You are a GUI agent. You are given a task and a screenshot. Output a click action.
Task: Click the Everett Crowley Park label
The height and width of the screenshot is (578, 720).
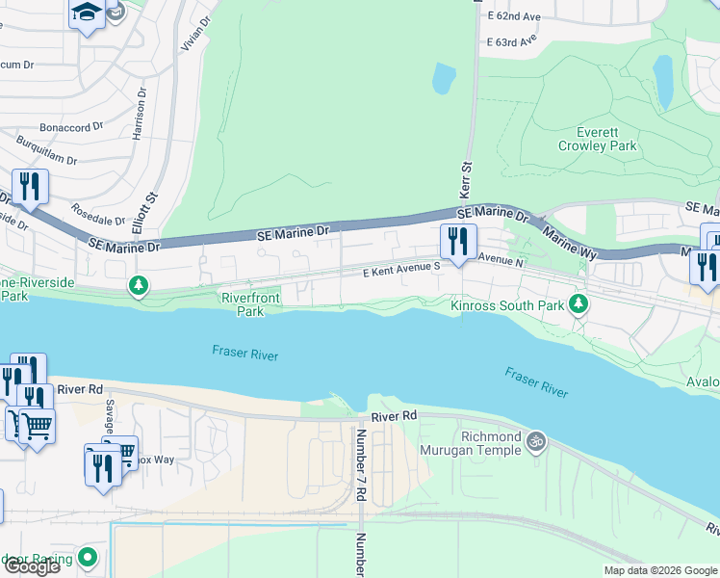(597, 139)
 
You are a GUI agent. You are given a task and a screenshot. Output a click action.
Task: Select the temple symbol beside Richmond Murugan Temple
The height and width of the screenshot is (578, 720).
(536, 441)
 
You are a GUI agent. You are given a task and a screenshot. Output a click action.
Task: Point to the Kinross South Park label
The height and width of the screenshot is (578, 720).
(507, 306)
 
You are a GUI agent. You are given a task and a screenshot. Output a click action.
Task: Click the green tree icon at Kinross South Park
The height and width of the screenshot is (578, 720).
(578, 305)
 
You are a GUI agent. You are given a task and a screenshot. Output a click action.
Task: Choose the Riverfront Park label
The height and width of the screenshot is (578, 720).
(243, 305)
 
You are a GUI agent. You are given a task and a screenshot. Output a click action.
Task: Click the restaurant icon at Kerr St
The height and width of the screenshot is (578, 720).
(458, 240)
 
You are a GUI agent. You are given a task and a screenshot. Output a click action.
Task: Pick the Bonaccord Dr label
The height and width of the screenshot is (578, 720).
(71, 127)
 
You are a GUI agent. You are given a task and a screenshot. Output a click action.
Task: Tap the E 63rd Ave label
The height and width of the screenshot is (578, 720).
(511, 42)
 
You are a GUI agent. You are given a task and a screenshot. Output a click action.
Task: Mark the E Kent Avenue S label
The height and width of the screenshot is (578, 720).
(401, 273)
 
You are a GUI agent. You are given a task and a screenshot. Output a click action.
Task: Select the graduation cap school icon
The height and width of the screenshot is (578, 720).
(87, 13)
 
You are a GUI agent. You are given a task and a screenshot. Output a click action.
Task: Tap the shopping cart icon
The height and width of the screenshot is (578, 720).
(36, 424)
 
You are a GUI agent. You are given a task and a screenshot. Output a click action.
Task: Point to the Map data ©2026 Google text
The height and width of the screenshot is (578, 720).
(659, 570)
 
